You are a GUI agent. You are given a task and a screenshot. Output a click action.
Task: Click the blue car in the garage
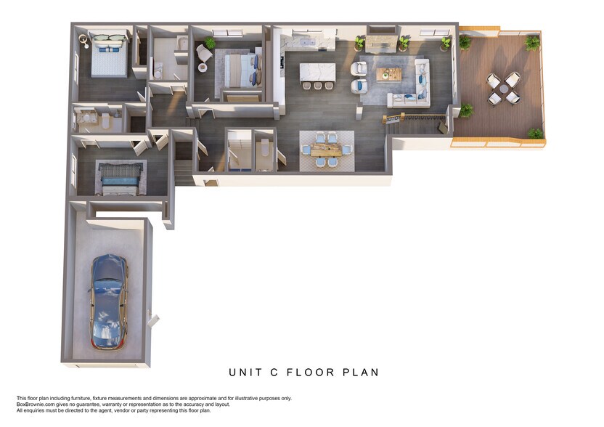(109, 302)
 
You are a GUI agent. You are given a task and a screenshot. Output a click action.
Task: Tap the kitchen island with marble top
(317, 73)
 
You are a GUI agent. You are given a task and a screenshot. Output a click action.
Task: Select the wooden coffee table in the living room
(388, 74)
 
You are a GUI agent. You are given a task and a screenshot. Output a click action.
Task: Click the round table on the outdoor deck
(504, 89)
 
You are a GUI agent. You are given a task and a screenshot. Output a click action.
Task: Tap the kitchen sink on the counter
(307, 41)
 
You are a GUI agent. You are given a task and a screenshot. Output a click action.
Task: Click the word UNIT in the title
(245, 373)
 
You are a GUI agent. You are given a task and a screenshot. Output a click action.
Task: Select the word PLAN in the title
(361, 373)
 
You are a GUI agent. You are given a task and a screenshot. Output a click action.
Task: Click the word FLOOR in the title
(311, 373)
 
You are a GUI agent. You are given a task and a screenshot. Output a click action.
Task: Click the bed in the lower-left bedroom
(120, 179)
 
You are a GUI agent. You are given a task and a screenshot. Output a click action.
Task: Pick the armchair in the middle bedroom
(203, 53)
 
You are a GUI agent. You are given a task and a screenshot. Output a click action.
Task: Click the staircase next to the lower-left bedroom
(184, 172)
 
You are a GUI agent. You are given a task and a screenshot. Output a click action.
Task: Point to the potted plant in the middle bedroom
(210, 42)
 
